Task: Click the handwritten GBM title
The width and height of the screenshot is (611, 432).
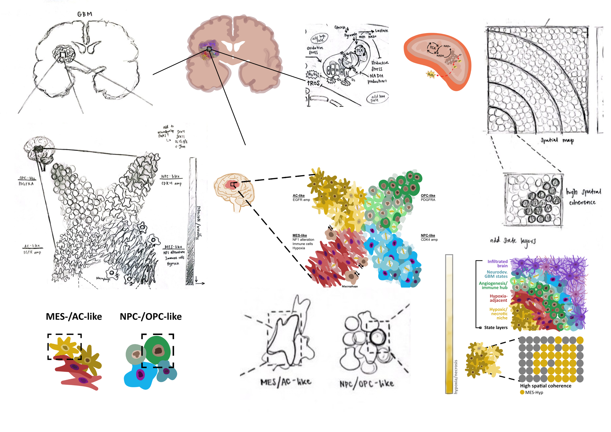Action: (x=85, y=14)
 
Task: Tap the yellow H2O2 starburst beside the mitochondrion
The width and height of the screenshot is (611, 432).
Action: (x=430, y=75)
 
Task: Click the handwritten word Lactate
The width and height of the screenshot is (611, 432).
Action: (x=381, y=31)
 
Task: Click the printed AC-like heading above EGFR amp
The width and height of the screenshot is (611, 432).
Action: (x=299, y=195)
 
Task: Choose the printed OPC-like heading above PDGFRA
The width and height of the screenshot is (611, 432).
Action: (x=428, y=195)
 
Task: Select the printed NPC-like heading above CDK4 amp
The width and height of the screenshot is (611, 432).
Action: (x=428, y=235)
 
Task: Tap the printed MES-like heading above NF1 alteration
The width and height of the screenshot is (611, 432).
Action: (x=300, y=235)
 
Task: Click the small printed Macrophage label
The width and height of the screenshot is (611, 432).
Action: (x=350, y=286)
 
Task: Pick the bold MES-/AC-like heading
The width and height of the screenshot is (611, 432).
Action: (x=74, y=317)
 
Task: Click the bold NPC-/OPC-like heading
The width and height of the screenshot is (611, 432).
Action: (x=151, y=317)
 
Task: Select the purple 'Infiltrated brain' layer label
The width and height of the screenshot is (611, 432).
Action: (x=497, y=264)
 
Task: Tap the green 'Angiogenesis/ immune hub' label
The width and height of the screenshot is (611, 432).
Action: (x=493, y=285)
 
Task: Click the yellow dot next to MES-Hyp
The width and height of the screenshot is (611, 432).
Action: (x=522, y=392)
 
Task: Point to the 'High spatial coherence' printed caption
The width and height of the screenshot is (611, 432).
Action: (x=546, y=386)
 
